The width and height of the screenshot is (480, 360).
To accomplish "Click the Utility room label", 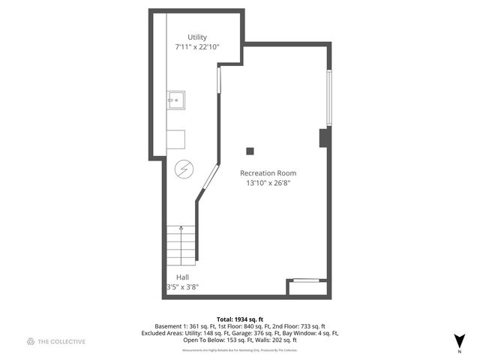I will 197,37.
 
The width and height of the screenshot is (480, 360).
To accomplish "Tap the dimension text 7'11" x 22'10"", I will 197,47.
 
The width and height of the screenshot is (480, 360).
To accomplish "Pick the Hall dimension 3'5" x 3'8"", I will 182,286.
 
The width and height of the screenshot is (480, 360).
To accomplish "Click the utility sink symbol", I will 176,100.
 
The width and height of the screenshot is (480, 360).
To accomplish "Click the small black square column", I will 250,152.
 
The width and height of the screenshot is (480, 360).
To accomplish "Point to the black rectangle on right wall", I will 323,139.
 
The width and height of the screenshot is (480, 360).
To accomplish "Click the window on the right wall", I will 328,97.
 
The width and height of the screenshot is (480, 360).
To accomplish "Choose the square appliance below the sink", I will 176,139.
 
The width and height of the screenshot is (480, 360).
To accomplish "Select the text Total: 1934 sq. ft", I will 239,319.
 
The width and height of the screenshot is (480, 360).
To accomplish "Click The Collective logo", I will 55,342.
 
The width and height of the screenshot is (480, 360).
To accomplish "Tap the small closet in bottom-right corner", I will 306,288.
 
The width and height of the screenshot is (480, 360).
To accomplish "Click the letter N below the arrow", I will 459,351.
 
